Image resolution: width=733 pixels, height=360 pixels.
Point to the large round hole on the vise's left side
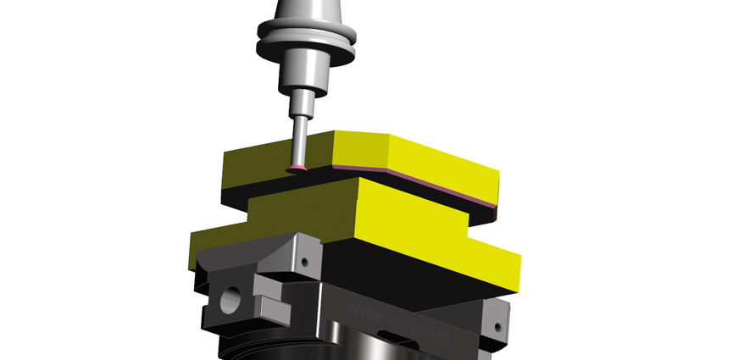[228, 299]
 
